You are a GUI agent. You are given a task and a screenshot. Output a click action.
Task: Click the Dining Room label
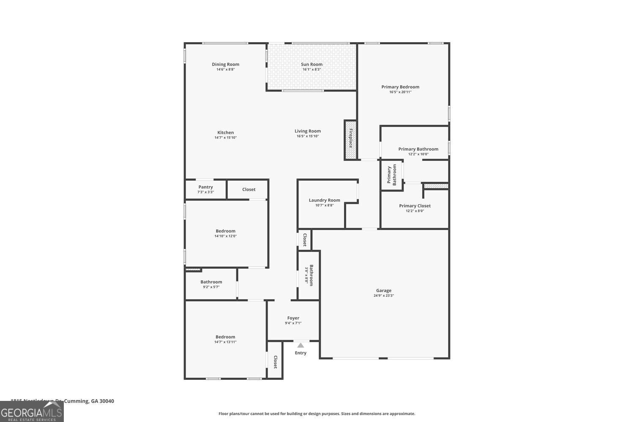(x=225, y=65)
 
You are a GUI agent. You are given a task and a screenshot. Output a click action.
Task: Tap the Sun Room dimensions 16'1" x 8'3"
(x=312, y=70)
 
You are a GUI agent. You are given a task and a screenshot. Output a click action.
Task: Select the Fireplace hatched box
(x=350, y=140)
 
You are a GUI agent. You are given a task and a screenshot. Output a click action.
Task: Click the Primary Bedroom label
(x=400, y=87)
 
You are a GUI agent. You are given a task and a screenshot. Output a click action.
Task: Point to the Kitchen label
(x=225, y=133)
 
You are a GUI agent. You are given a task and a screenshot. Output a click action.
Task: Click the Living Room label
(x=308, y=131)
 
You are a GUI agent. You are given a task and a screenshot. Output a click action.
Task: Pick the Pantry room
(x=206, y=189)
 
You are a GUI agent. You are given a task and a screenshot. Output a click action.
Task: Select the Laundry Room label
(x=324, y=200)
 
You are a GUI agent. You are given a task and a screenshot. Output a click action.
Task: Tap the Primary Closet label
(x=415, y=206)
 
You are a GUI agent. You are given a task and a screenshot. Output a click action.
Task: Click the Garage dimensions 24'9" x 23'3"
(x=384, y=296)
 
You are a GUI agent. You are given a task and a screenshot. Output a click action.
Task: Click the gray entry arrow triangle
(x=301, y=345)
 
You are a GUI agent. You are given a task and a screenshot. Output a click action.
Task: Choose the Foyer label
(x=293, y=318)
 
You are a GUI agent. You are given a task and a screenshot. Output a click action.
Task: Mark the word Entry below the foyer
(x=301, y=353)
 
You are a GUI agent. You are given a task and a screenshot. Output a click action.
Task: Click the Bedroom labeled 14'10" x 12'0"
(x=226, y=233)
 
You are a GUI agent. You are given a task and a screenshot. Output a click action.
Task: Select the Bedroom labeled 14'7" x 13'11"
(x=225, y=339)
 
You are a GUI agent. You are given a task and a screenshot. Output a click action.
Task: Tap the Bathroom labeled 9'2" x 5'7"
(x=211, y=284)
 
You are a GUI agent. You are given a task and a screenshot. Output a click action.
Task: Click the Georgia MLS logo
(x=32, y=411)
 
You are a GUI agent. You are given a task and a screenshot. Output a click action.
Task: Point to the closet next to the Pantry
(x=249, y=189)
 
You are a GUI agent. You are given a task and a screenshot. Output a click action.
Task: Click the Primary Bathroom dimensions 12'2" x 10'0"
(x=418, y=154)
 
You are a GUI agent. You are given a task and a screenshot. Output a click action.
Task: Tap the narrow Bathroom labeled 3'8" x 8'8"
(x=309, y=275)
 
